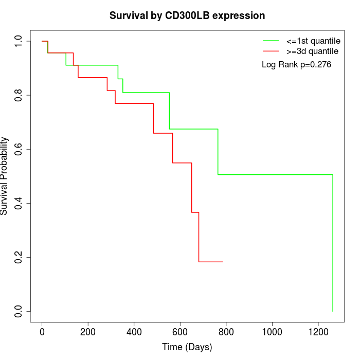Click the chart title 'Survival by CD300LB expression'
(x=187, y=15)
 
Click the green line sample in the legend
(x=271, y=40)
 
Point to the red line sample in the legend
(x=271, y=51)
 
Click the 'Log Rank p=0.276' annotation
(x=296, y=65)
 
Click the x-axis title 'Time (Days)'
(x=187, y=347)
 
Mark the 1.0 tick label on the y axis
(x=19, y=41)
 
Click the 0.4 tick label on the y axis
(x=19, y=203)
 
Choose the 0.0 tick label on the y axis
(x=19, y=311)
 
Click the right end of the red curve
(x=223, y=262)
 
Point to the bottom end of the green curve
(x=333, y=311)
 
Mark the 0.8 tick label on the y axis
(x=19, y=95)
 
